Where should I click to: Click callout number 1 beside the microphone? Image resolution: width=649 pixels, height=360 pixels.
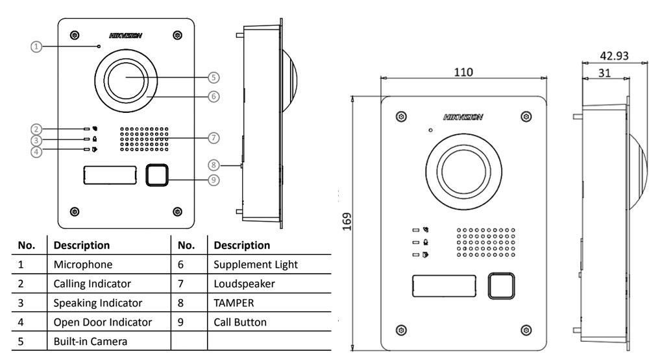[37, 46]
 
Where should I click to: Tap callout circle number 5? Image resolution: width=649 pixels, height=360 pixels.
[214, 77]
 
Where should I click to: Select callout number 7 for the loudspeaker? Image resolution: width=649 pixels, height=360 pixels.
[214, 138]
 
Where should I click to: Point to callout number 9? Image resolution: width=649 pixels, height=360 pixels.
[214, 180]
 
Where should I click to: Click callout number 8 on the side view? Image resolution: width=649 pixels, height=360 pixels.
[214, 165]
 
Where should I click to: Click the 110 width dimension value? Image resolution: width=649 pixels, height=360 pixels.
[463, 71]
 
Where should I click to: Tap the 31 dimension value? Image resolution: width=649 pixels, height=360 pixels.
[604, 73]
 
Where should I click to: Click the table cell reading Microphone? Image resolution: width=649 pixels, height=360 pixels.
[83, 265]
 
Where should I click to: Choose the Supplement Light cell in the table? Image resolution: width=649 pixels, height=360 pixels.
[256, 265]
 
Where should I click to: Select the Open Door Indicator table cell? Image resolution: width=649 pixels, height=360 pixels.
[103, 322]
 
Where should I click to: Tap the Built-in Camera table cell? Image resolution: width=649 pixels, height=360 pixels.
[90, 341]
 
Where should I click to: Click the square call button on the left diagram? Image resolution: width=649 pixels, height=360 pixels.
[157, 174]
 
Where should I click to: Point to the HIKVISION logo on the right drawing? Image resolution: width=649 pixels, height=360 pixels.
[463, 117]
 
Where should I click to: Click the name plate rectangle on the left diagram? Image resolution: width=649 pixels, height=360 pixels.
[110, 174]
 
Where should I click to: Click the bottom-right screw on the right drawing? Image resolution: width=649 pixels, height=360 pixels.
[526, 330]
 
